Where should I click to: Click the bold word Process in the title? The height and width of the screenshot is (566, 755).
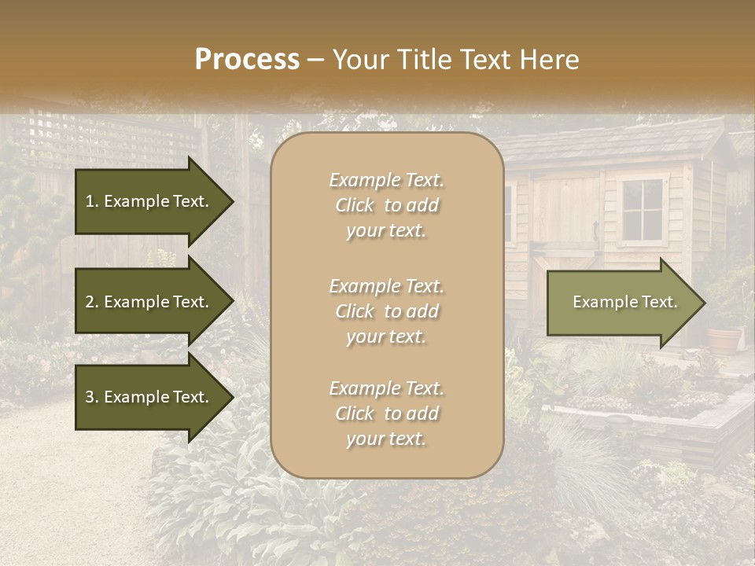coord(247,60)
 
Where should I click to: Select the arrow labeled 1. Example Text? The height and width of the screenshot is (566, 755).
coord(153,201)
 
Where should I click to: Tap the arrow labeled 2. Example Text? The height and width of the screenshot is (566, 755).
coord(153,302)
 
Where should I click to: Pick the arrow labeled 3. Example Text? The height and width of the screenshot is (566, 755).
coord(153,397)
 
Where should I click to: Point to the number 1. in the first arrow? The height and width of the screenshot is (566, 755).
coord(92,201)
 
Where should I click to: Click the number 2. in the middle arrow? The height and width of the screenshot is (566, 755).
coord(92,302)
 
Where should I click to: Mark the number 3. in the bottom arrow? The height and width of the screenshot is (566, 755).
coord(92,397)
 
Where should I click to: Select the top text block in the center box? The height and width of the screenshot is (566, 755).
coord(386,205)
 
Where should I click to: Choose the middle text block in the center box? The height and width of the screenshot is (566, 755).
coord(386,311)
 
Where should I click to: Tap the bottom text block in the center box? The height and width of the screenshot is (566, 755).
coord(386,413)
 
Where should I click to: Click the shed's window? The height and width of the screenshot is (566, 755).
coord(642,209)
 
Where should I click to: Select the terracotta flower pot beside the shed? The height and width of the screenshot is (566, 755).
coord(724,340)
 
